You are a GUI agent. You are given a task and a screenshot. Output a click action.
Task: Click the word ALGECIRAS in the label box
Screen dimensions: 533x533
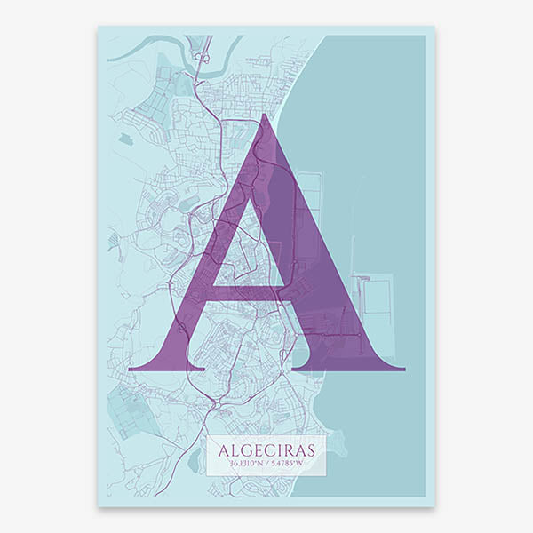coord(266,449)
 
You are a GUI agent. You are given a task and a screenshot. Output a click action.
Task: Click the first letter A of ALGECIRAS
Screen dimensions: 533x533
coord(222,449)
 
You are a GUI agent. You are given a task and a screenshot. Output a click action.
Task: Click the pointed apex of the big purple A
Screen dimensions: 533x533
coord(262,117)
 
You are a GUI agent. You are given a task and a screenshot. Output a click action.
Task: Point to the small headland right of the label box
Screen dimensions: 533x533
coord(338,444)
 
